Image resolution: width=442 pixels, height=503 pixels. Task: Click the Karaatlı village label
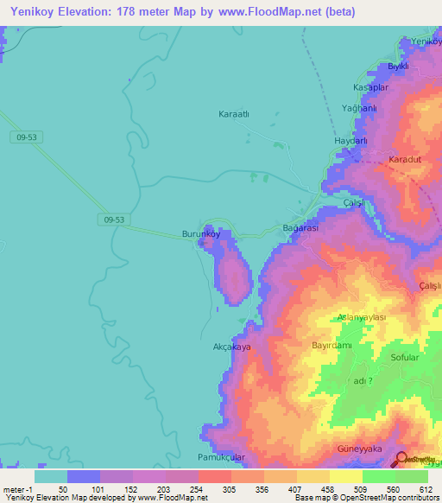[234, 113]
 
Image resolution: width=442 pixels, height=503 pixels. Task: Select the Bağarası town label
[301, 228]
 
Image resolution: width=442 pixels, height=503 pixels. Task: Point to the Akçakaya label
[231, 347]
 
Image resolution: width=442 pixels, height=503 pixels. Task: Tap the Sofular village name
[404, 357]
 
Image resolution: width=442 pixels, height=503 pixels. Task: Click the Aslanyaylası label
[362, 317]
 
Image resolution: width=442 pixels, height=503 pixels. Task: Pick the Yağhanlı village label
[359, 109]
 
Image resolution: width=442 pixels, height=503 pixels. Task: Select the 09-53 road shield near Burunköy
[111, 220]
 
